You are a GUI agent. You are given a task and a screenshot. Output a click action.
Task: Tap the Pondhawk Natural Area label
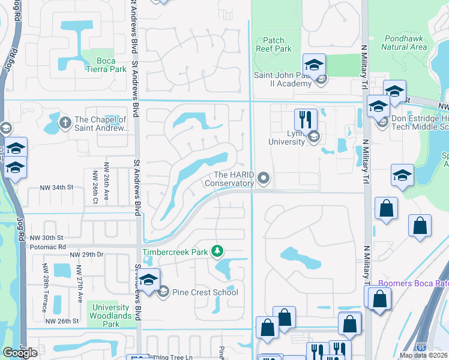pyautogui.click(x=404, y=43)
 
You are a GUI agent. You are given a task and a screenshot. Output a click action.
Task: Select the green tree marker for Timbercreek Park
pyautogui.click(x=220, y=251)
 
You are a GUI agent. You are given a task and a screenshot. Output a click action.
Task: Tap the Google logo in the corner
pyautogui.click(x=20, y=353)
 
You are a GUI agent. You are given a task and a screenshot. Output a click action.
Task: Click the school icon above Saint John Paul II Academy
pyautogui.click(x=314, y=64)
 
